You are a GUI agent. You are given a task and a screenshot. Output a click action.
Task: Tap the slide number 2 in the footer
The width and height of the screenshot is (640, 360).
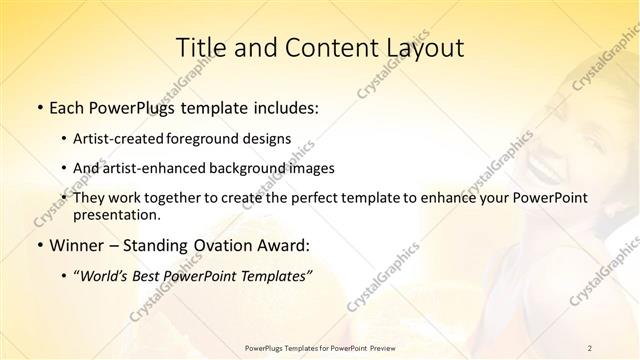[590, 347]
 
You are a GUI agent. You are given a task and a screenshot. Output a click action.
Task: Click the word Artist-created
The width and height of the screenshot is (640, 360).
[120, 140]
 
